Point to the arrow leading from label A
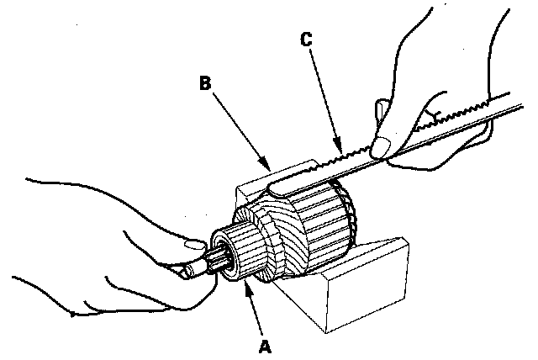pos(251,310)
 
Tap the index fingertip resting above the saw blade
pos(382,109)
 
